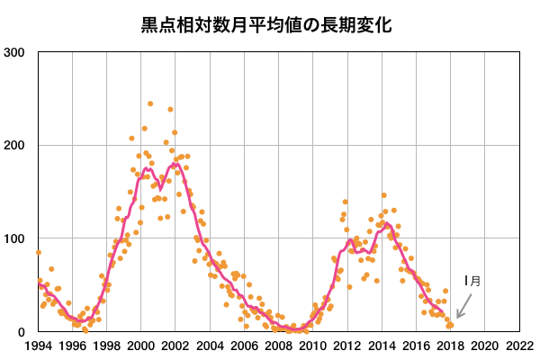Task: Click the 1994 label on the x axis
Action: point(38,345)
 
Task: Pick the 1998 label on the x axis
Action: point(106,345)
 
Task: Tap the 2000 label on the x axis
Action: point(140,345)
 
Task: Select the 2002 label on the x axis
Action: point(175,345)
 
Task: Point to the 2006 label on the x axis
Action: point(244,345)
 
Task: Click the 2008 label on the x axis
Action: point(278,345)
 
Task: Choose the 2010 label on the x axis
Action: point(312,345)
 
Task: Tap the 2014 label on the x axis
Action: point(382,345)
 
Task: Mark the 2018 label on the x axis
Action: point(450,345)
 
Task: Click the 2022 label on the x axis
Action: point(519,345)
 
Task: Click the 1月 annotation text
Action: point(472,281)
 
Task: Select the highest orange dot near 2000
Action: point(150,103)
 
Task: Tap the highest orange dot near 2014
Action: point(383,195)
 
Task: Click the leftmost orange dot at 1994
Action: point(39,253)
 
